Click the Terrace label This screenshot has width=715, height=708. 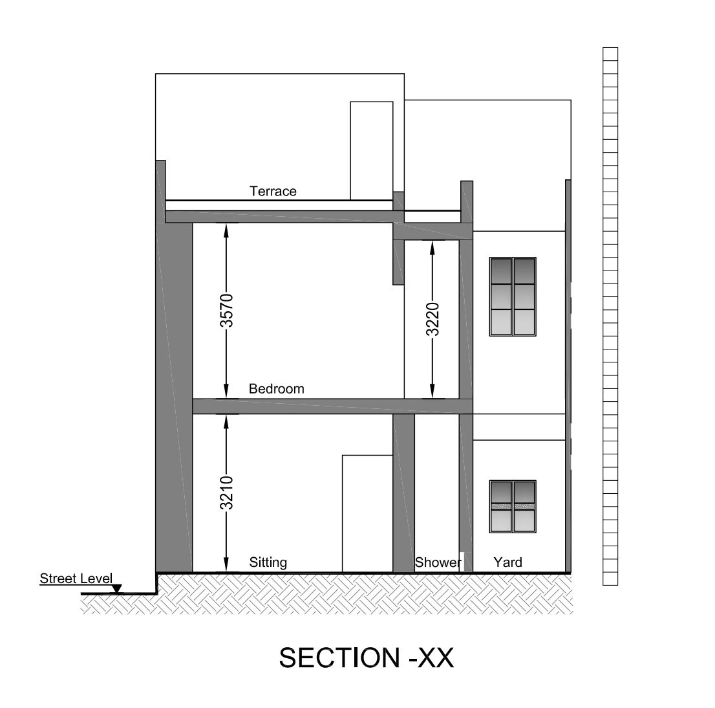[273, 192]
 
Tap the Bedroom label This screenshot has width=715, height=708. [276, 389]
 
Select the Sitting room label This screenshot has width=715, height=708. [268, 562]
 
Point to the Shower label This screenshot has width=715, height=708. [438, 562]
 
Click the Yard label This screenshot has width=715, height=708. [507, 562]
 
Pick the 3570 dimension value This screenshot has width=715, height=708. [227, 311]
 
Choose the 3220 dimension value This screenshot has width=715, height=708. [432, 318]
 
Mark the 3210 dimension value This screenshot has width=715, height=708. [227, 492]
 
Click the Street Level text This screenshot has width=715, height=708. [76, 579]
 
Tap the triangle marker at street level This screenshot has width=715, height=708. [117, 589]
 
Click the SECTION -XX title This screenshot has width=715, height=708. [366, 658]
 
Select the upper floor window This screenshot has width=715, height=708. [513, 296]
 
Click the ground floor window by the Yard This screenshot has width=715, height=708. [513, 507]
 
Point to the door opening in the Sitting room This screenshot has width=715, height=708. [368, 514]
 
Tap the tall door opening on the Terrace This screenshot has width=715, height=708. [372, 151]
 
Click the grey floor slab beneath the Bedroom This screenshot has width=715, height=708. [332, 406]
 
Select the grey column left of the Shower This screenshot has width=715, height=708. [403, 493]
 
